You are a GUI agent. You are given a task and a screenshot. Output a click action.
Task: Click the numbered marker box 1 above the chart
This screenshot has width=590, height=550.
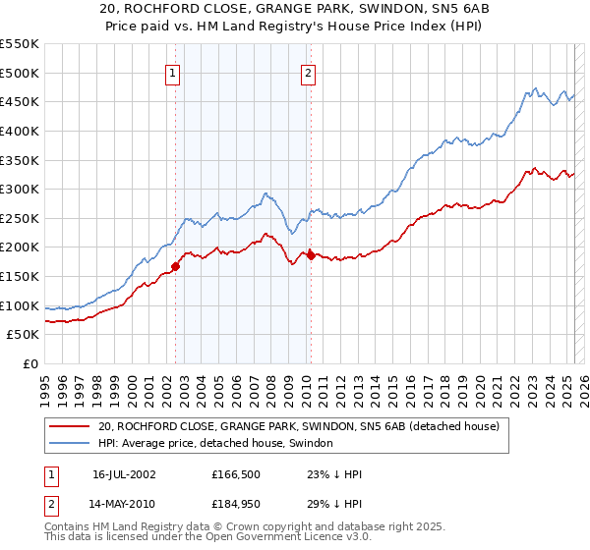coord(173,72)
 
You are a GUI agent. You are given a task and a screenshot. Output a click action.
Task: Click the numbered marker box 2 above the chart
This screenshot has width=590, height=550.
coord(309,72)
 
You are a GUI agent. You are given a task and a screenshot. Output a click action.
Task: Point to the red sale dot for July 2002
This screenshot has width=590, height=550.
coord(176,265)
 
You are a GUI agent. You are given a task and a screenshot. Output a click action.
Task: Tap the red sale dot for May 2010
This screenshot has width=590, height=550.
coord(312,255)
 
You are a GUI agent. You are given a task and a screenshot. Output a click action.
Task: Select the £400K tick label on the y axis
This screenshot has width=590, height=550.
coord(20,131)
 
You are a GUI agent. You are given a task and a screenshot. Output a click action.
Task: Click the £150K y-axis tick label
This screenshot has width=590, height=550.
coord(20,276)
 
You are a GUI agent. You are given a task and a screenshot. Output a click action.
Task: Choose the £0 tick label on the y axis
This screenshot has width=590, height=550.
coord(30,363)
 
